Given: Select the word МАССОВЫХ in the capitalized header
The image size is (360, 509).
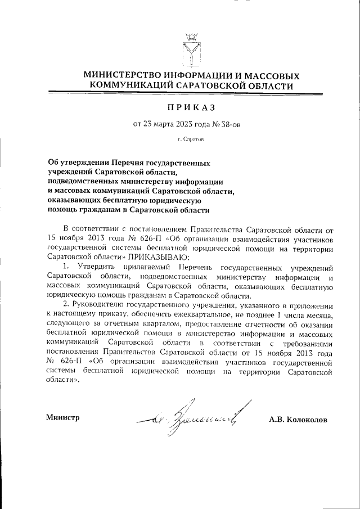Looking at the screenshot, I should [x=268, y=75].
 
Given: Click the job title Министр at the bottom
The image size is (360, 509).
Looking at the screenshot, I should [x=62, y=417].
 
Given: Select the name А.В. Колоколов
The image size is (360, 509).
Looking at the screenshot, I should [x=298, y=419].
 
